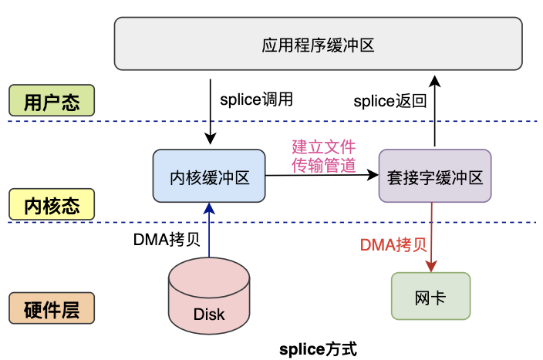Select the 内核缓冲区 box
click(x=209, y=177)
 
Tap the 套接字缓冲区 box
click(x=434, y=177)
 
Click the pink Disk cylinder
click(x=209, y=300)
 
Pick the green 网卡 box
click(x=430, y=296)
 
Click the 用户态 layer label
click(x=51, y=102)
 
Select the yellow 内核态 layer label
click(x=51, y=206)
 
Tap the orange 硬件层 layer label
click(x=51, y=309)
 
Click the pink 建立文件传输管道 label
click(x=323, y=155)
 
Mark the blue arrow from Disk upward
click(x=209, y=231)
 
